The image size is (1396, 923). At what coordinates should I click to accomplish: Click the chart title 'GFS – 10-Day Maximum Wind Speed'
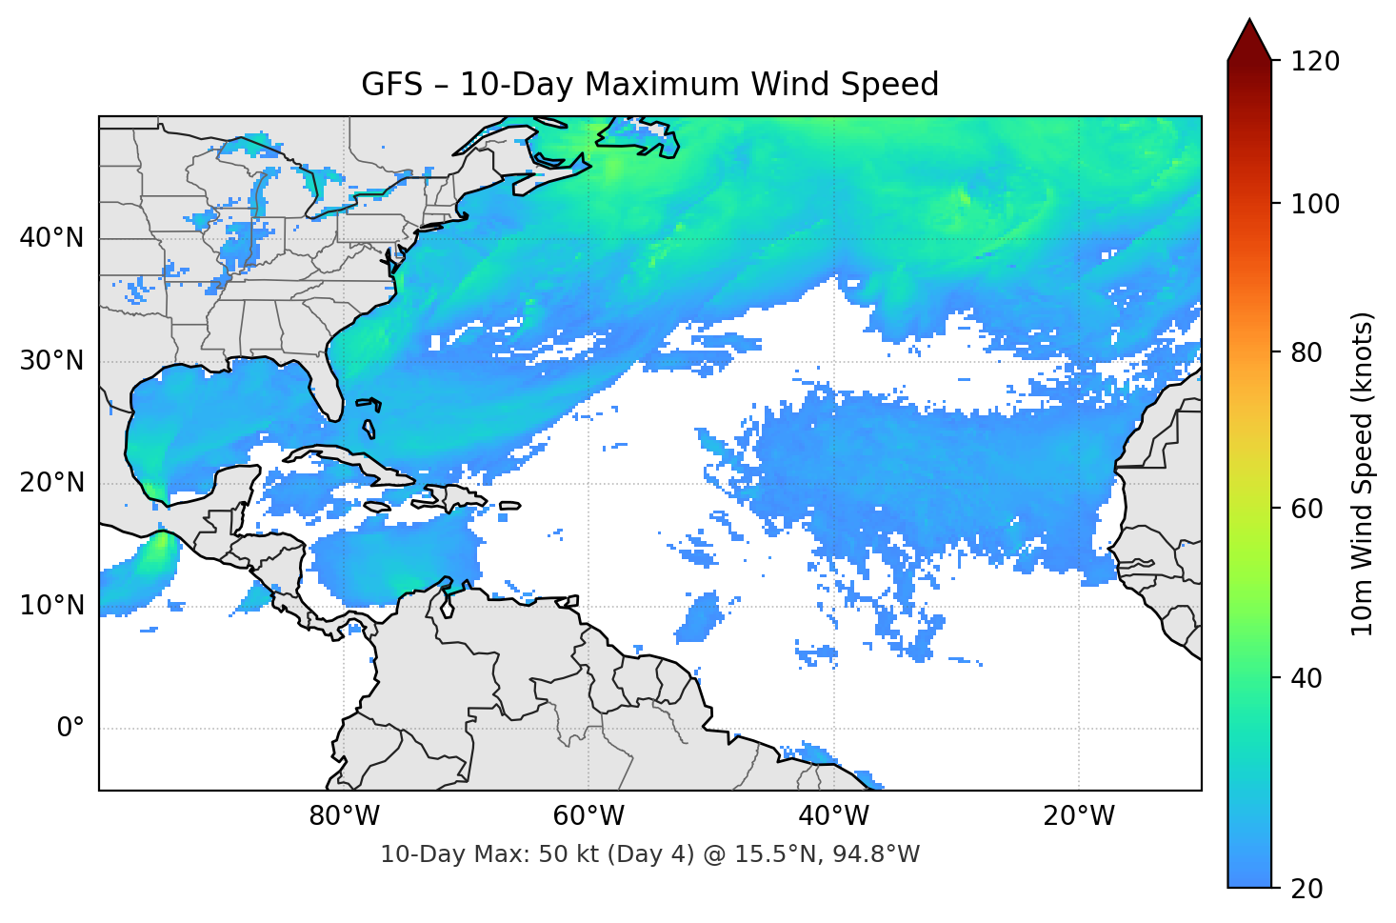[x=649, y=85]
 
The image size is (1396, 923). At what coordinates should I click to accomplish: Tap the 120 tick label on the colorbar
[x=1315, y=61]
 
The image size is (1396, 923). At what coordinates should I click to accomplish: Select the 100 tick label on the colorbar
[x=1315, y=204]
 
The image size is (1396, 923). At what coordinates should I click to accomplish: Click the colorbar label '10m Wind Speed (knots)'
[x=1363, y=473]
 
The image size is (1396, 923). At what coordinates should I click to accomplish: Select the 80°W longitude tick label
[x=345, y=816]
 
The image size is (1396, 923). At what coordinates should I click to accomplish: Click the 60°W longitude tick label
[x=589, y=816]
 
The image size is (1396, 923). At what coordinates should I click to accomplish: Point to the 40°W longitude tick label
[x=834, y=816]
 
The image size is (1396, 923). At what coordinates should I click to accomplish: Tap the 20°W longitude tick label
[x=1079, y=816]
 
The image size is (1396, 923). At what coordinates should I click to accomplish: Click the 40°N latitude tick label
[x=51, y=238]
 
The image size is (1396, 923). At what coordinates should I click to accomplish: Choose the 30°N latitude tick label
[x=51, y=361]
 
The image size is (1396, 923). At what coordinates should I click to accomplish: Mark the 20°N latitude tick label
[x=51, y=483]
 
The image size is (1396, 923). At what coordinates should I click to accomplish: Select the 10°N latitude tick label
[x=51, y=606]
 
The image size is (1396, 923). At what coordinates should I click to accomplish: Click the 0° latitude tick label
[x=70, y=729]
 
